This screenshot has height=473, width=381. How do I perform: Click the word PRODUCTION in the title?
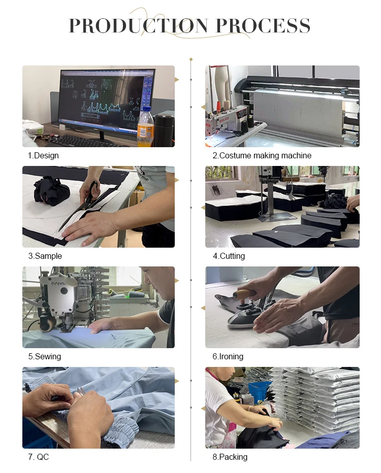[x=139, y=26]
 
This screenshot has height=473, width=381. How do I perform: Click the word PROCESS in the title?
[x=263, y=26]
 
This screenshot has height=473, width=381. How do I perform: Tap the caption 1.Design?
[x=43, y=156]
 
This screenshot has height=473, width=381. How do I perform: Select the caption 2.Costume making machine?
[x=262, y=156]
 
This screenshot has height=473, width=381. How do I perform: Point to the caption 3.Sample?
[x=45, y=256]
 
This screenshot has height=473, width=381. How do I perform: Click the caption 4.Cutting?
[x=229, y=256]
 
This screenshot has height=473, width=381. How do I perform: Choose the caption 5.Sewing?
[x=45, y=357]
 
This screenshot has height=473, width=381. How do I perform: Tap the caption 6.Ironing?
[x=228, y=357]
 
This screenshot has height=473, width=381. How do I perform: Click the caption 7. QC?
[x=38, y=457]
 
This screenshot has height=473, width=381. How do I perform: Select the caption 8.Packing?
[x=230, y=457]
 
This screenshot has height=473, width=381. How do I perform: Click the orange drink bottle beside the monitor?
[x=145, y=127]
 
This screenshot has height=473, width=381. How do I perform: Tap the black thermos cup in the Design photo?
[x=164, y=130]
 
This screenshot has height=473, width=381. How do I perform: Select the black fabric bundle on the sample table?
[x=52, y=191]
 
